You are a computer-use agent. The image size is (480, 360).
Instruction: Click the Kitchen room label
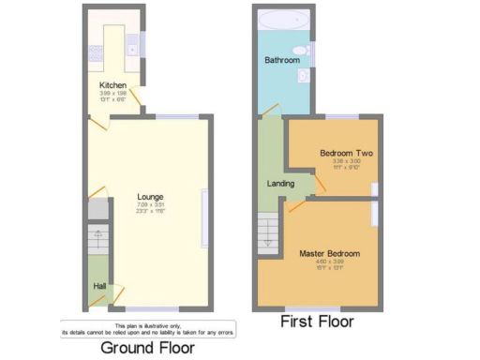coord(113,85)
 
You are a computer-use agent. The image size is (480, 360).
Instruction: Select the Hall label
coord(98,286)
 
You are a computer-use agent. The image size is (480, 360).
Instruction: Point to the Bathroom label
coord(281,60)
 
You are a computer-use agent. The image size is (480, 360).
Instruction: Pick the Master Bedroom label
coord(329,253)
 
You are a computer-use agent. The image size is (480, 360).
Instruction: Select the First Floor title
coord(317,322)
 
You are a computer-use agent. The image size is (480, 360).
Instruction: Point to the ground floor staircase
coord(98,246)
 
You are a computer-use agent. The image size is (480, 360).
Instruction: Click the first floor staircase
coord(267,231)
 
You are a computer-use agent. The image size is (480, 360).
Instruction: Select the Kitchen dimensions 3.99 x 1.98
coord(113,95)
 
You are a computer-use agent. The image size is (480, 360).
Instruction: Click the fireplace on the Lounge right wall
coord(203,218)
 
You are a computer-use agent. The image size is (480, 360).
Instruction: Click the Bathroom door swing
coord(270,111)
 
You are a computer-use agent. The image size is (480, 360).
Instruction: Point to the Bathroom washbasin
coord(302,51)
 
